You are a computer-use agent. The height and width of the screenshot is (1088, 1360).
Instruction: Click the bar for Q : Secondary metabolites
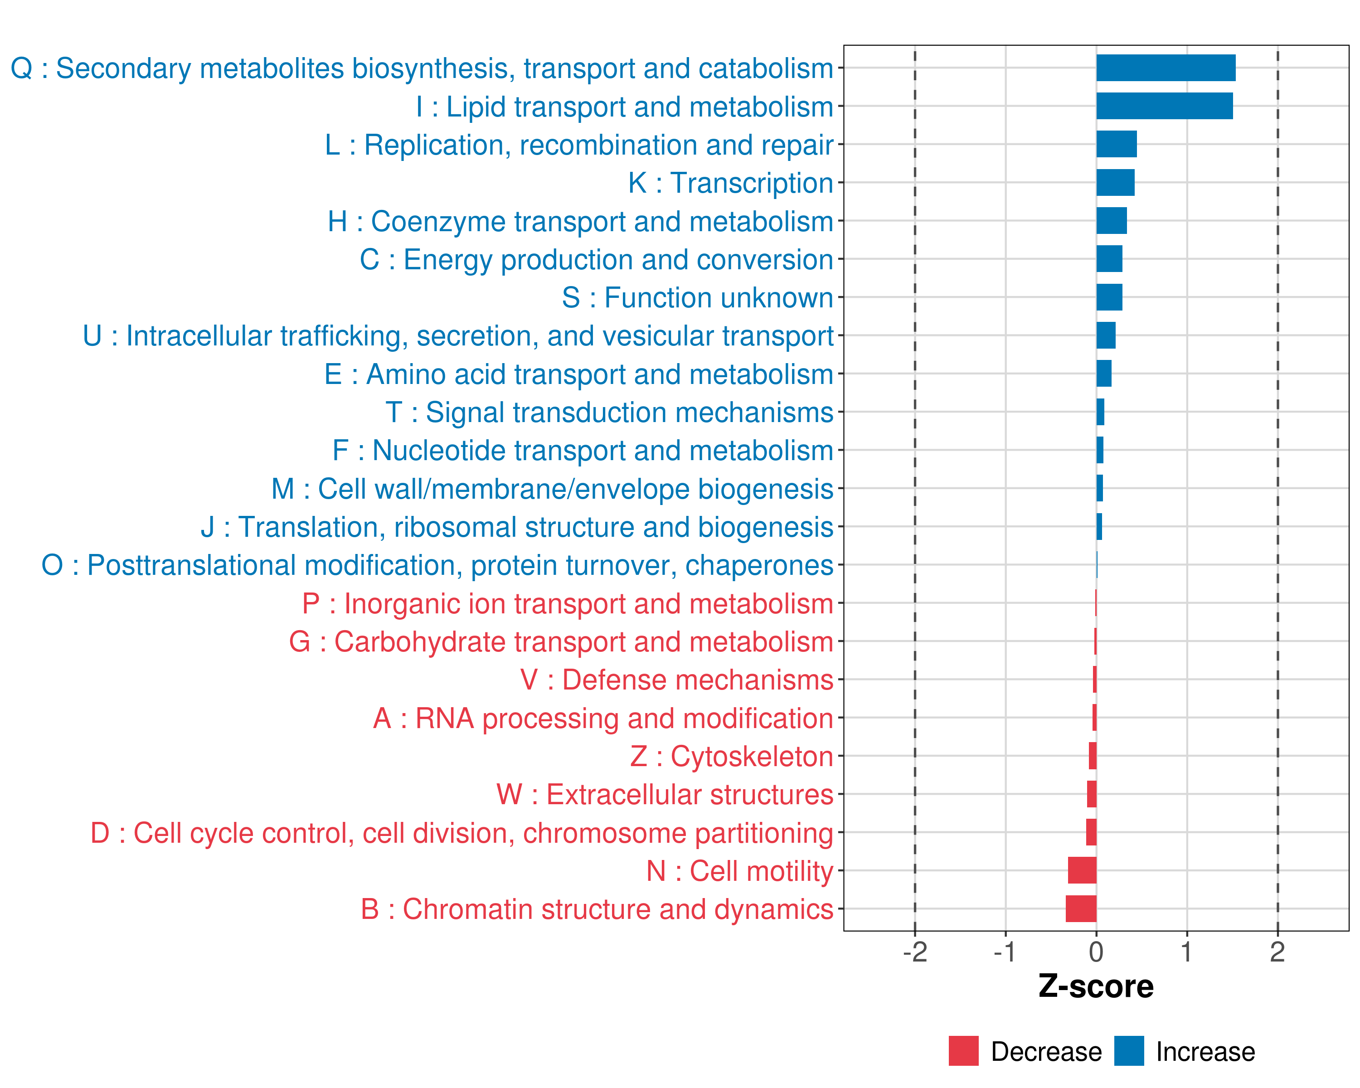click(1165, 68)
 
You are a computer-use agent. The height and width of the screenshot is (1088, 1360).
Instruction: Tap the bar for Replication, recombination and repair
click(1116, 145)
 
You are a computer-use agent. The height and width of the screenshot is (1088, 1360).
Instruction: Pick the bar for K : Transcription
click(1115, 183)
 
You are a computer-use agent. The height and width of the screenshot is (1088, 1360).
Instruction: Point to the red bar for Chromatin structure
click(1081, 909)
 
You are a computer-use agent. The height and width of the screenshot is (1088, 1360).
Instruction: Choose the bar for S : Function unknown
click(1109, 297)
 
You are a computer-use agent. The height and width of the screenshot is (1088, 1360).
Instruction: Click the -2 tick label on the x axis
click(915, 952)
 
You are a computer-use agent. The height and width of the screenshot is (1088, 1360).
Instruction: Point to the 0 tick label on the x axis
click(1096, 952)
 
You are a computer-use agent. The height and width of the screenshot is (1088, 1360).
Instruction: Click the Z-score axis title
click(1096, 986)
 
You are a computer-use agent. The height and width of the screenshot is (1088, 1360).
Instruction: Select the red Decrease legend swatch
click(963, 1051)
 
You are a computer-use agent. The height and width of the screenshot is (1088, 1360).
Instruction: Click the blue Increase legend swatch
click(1128, 1051)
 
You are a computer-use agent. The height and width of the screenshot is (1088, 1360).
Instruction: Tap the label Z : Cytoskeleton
click(731, 756)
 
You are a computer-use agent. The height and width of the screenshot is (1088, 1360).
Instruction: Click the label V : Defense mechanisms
click(676, 680)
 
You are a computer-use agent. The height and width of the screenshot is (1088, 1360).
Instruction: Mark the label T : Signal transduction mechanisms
click(609, 413)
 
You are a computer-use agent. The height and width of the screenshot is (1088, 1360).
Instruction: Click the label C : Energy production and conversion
click(596, 260)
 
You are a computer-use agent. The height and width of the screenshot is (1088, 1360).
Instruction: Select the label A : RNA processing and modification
click(602, 719)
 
